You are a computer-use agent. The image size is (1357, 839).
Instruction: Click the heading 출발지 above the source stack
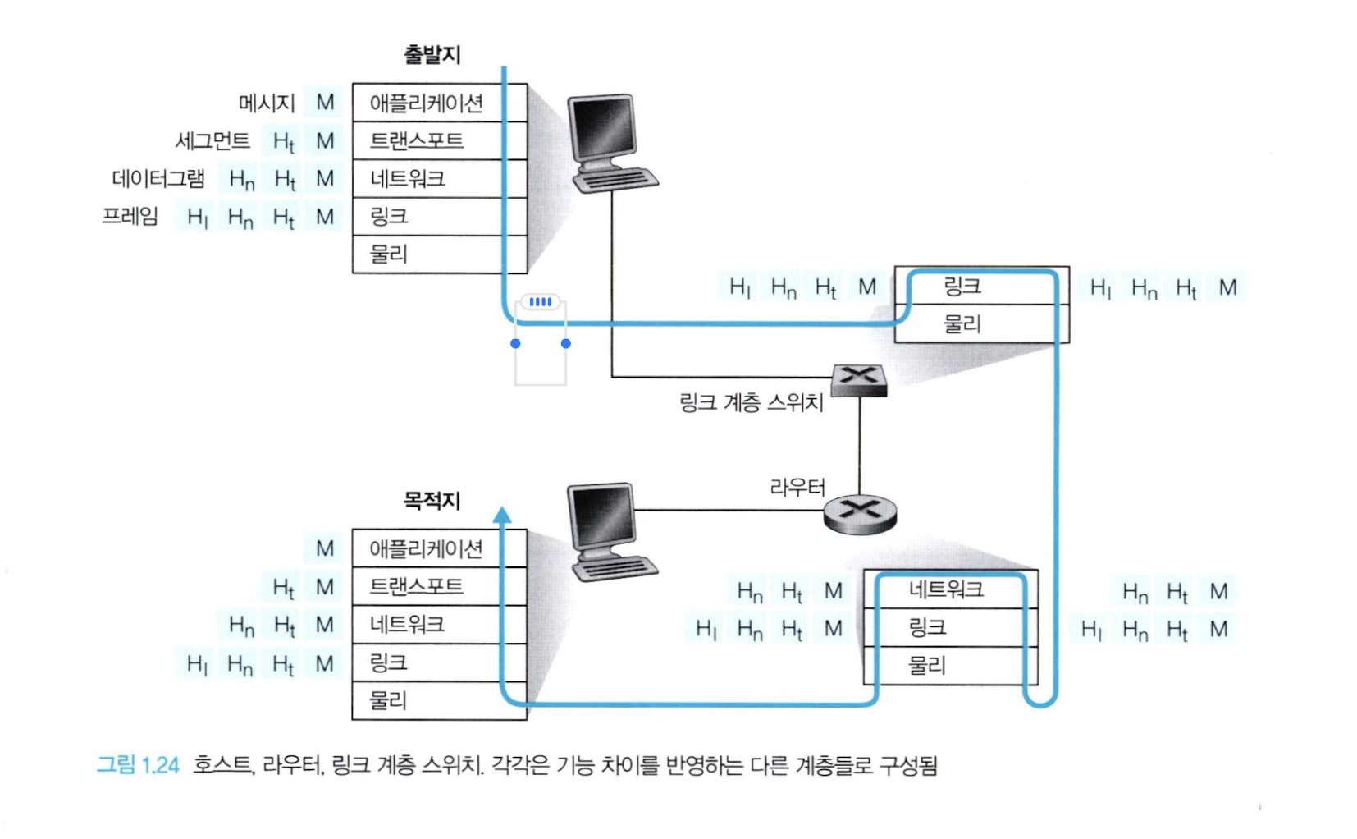[x=432, y=55]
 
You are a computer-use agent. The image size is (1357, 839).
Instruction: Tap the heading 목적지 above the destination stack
[x=432, y=500]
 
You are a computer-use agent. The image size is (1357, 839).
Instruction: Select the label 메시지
[x=267, y=103]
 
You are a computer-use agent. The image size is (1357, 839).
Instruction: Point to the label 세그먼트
[x=212, y=141]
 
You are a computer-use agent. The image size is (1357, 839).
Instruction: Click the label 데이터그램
[x=158, y=179]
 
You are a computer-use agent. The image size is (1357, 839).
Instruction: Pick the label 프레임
[x=130, y=217]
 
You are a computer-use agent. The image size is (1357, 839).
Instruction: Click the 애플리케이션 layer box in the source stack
[x=427, y=103]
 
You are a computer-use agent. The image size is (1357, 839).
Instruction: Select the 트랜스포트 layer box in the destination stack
[x=417, y=586]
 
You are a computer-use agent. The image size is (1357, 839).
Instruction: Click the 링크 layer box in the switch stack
[x=963, y=287]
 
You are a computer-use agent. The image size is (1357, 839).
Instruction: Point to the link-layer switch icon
[x=859, y=380]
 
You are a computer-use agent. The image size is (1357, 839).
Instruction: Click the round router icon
[x=860, y=514]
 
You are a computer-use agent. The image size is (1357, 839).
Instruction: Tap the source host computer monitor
[x=603, y=127]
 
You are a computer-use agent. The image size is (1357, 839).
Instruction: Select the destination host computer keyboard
[x=616, y=567]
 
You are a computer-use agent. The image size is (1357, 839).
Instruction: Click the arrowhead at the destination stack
[x=502, y=516]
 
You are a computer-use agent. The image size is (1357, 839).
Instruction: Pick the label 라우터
[x=797, y=488]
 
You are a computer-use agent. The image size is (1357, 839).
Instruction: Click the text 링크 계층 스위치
[x=752, y=402]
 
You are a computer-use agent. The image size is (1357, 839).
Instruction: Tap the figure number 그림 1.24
[x=138, y=765]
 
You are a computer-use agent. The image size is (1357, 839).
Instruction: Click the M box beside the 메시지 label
[x=325, y=103]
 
